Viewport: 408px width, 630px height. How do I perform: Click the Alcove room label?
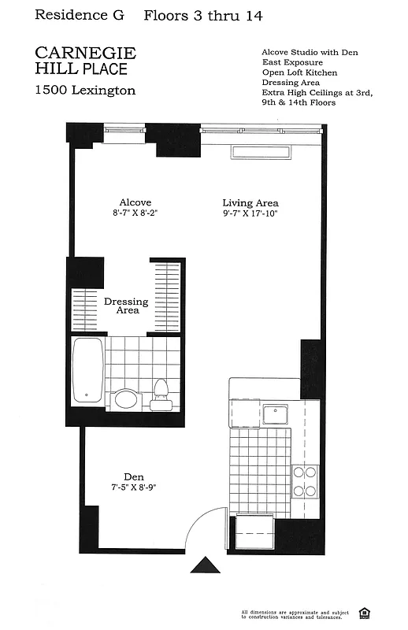click(x=135, y=202)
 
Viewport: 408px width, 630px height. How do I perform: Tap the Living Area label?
click(x=250, y=202)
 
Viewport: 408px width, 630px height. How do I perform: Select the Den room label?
click(x=133, y=476)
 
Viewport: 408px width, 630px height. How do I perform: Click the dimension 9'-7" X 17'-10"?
click(x=250, y=213)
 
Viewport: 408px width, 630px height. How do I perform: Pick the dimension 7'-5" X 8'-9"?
click(x=133, y=487)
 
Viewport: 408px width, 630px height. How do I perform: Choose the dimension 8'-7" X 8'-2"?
click(x=135, y=213)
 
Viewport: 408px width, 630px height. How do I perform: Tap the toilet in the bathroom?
click(x=162, y=392)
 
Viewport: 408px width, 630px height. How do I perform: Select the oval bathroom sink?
click(x=126, y=398)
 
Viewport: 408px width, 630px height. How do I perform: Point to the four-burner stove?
click(x=305, y=481)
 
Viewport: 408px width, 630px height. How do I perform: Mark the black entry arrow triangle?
click(x=205, y=565)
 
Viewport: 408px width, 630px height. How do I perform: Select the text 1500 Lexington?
click(x=85, y=91)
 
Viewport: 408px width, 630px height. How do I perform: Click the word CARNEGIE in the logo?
click(x=86, y=53)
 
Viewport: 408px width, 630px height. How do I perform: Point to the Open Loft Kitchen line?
click(x=299, y=72)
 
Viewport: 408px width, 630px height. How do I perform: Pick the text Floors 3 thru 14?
click(x=203, y=16)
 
